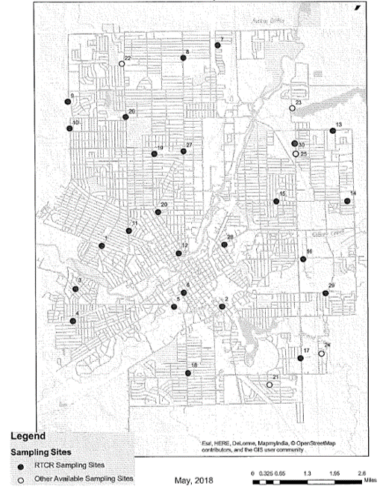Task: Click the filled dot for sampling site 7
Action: tap(217, 46)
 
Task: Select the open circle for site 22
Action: tap(122, 64)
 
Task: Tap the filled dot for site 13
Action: tap(332, 130)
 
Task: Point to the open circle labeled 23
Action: tap(293, 109)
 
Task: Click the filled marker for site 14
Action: tap(347, 200)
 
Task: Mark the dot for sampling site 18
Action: tap(188, 372)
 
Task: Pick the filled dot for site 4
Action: tap(72, 321)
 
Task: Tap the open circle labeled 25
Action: tap(296, 154)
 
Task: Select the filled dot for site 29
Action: tap(325, 293)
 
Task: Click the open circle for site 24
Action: tap(322, 353)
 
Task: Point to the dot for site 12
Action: tap(178, 253)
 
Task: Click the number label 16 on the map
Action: tap(309, 251)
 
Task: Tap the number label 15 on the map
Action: tap(283, 194)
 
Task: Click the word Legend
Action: tap(28, 436)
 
